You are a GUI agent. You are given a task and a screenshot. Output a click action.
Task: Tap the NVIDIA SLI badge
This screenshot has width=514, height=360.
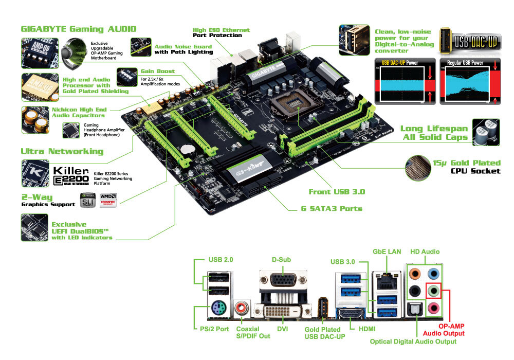[x=88, y=201]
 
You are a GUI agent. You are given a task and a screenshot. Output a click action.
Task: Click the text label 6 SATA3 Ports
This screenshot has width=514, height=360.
[x=332, y=209]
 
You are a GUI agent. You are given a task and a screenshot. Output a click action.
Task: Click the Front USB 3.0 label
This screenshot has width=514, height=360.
[x=337, y=191]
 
